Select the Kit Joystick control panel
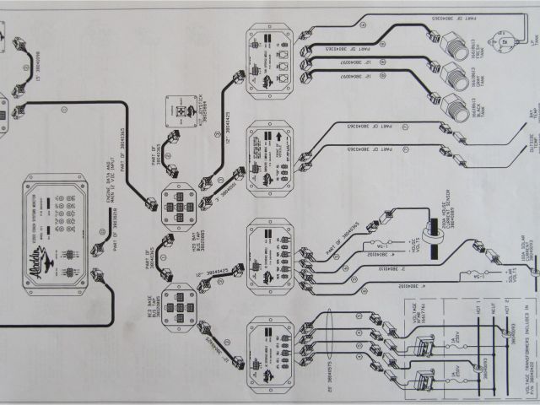[x=187, y=112]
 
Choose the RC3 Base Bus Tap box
[x=179, y=305]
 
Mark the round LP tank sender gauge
[x=507, y=37]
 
